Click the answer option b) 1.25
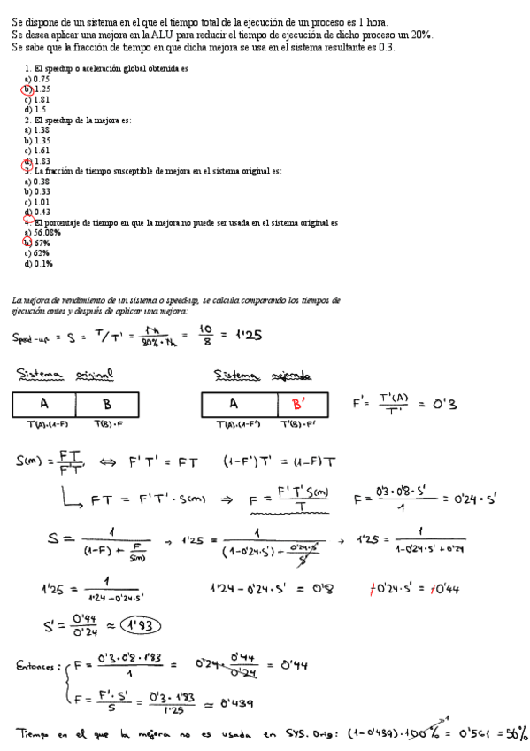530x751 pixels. [x=36, y=89]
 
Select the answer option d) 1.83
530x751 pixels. [x=36, y=161]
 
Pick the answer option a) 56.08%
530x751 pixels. [x=41, y=232]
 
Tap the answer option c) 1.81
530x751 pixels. [x=36, y=99]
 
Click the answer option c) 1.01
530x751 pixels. [x=36, y=201]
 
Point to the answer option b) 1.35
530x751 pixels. [x=36, y=140]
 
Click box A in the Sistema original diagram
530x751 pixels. [x=44, y=404]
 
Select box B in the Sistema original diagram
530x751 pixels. [x=107, y=404]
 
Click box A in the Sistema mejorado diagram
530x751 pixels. [x=234, y=404]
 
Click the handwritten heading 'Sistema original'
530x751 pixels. [x=65, y=375]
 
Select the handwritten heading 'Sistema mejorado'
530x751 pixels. [x=262, y=375]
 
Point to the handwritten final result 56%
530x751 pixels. [x=512, y=733]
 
